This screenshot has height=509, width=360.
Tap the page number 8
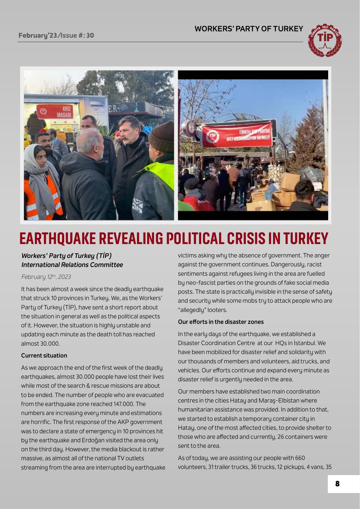[x=337, y=484]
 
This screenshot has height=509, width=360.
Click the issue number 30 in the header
[x=90, y=36]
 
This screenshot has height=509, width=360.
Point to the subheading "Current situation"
[x=44, y=355]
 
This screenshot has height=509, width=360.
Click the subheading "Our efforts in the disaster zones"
[x=221, y=322]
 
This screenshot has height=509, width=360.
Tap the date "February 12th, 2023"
[x=46, y=277]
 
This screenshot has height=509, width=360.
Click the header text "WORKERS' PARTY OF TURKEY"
[x=249, y=29]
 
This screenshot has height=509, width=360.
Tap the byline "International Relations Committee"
[x=72, y=265]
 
